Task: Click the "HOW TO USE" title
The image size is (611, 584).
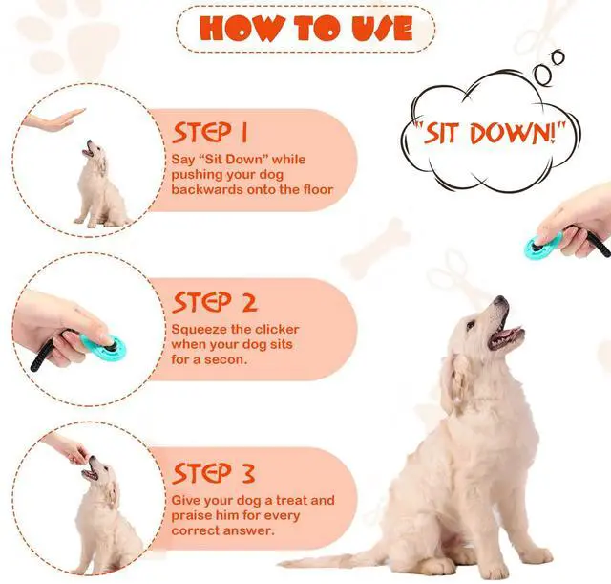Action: (305, 28)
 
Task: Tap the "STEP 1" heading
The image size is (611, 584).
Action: (210, 133)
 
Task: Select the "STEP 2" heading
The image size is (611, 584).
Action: (214, 302)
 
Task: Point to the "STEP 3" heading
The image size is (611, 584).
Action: (214, 473)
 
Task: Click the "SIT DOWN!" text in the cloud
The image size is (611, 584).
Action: (490, 133)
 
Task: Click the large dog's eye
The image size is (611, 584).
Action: (471, 325)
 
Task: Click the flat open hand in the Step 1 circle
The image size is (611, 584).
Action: (53, 120)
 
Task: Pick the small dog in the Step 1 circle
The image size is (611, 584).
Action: (99, 184)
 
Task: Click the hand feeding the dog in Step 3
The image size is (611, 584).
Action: (68, 448)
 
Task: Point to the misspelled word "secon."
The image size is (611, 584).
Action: (226, 359)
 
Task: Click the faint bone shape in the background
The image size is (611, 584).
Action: (375, 249)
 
